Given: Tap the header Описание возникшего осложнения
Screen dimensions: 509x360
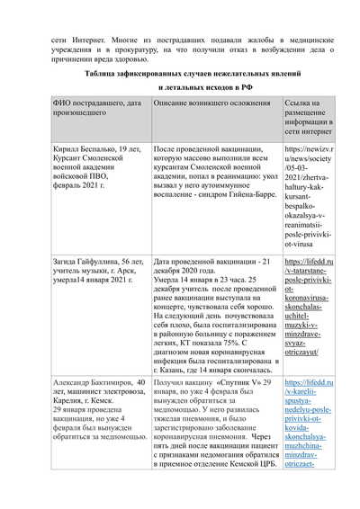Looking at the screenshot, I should pyautogui.click(x=213, y=106).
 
